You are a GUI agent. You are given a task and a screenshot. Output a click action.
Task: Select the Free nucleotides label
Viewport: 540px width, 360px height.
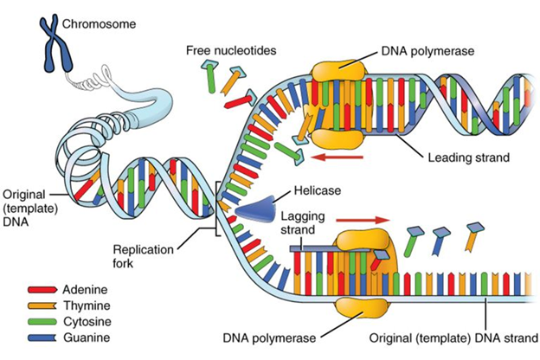228,49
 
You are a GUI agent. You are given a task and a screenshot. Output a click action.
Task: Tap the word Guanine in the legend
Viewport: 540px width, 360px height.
85,336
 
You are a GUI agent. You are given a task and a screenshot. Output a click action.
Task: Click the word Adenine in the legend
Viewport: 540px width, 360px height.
85,288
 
